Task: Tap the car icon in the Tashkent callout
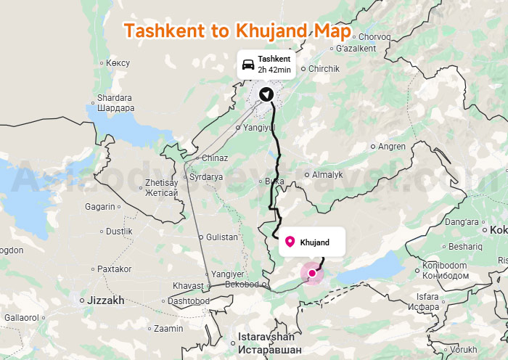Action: click(247, 64)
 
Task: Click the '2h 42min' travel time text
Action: click(274, 70)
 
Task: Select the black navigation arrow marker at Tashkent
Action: click(267, 94)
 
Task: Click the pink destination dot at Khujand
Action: click(312, 274)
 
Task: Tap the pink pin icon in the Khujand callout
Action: click(290, 242)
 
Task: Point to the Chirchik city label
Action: click(324, 69)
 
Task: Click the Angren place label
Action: click(392, 146)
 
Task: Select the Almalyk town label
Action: click(327, 175)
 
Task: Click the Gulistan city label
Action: click(222, 237)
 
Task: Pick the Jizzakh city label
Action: click(106, 300)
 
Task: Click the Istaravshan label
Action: click(266, 337)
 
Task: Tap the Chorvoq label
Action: click(374, 37)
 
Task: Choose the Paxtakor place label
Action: click(114, 269)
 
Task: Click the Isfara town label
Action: click(428, 296)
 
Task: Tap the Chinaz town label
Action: click(215, 158)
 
